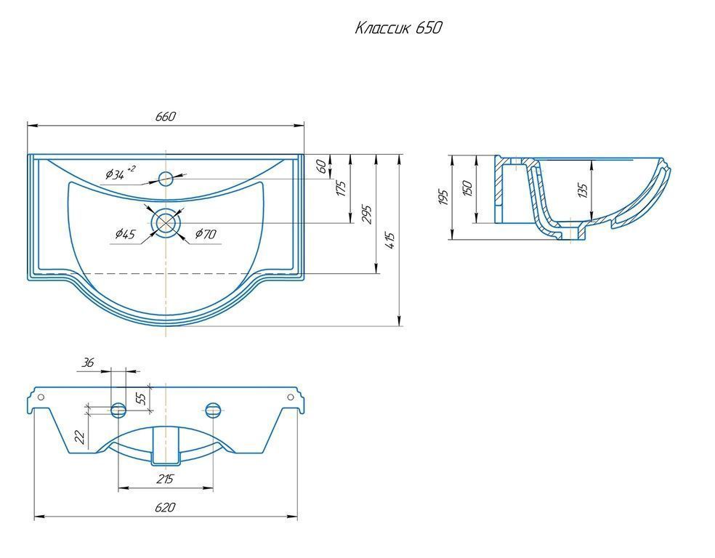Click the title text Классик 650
tap(398, 28)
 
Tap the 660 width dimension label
tap(166, 117)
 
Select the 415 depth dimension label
tap(390, 240)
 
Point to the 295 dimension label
tap(367, 214)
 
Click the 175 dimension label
tap(341, 189)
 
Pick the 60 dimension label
tap(321, 166)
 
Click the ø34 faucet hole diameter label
tap(119, 173)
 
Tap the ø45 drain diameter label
tap(126, 235)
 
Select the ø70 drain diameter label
tap(206, 235)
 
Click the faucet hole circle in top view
tap(166, 178)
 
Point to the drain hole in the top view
tap(166, 222)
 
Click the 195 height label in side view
tap(444, 197)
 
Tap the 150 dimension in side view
tap(467, 189)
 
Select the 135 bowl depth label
tap(583, 190)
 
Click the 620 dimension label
tap(165, 507)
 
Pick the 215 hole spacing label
tap(165, 479)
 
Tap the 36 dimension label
tap(87, 363)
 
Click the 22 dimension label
tap(80, 437)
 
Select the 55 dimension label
tap(142, 398)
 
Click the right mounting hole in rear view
tap(291, 397)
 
